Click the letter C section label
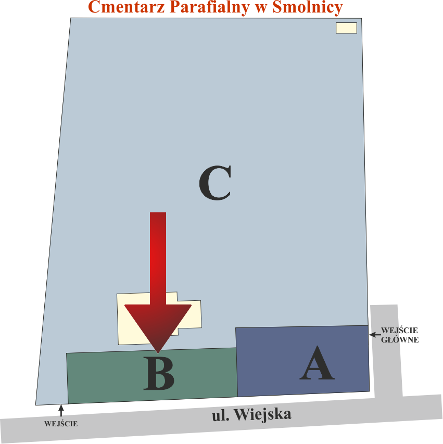(x=214, y=183)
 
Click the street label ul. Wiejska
(x=252, y=415)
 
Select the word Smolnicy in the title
(x=307, y=7)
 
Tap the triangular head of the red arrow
(x=158, y=325)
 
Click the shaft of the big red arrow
(x=158, y=255)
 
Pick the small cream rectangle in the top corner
(x=346, y=28)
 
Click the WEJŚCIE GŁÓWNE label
(x=400, y=335)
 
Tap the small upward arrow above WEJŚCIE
(x=61, y=410)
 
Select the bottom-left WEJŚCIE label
(x=61, y=424)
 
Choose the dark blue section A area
(x=271, y=359)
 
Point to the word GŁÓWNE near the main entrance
(x=400, y=339)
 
